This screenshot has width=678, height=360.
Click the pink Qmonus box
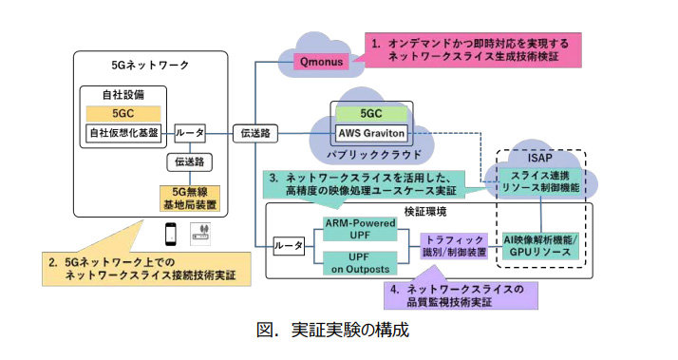(321, 62)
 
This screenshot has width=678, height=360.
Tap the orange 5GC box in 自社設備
(123, 113)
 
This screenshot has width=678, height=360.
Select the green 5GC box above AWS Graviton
(371, 113)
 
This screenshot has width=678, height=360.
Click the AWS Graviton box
(371, 133)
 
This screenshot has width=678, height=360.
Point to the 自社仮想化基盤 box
(123, 133)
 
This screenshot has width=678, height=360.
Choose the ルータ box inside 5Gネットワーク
(190, 133)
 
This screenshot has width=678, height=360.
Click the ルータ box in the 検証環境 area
(289, 246)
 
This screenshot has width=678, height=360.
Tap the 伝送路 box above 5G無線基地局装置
(190, 161)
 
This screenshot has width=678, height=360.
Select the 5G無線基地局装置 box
(190, 199)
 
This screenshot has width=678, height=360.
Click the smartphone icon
(171, 234)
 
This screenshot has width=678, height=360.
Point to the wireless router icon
(200, 234)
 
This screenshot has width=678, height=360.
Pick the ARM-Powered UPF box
(360, 229)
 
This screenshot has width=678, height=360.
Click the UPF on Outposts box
(360, 263)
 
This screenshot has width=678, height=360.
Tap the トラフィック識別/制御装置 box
(454, 246)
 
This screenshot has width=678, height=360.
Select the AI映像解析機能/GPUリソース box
(540, 246)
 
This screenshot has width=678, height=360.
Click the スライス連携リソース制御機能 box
(540, 181)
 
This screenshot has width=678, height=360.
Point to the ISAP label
(540, 158)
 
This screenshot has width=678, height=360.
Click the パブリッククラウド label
(373, 155)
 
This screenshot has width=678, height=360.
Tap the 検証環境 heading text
(425, 211)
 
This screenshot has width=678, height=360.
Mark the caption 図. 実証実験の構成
(332, 330)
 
